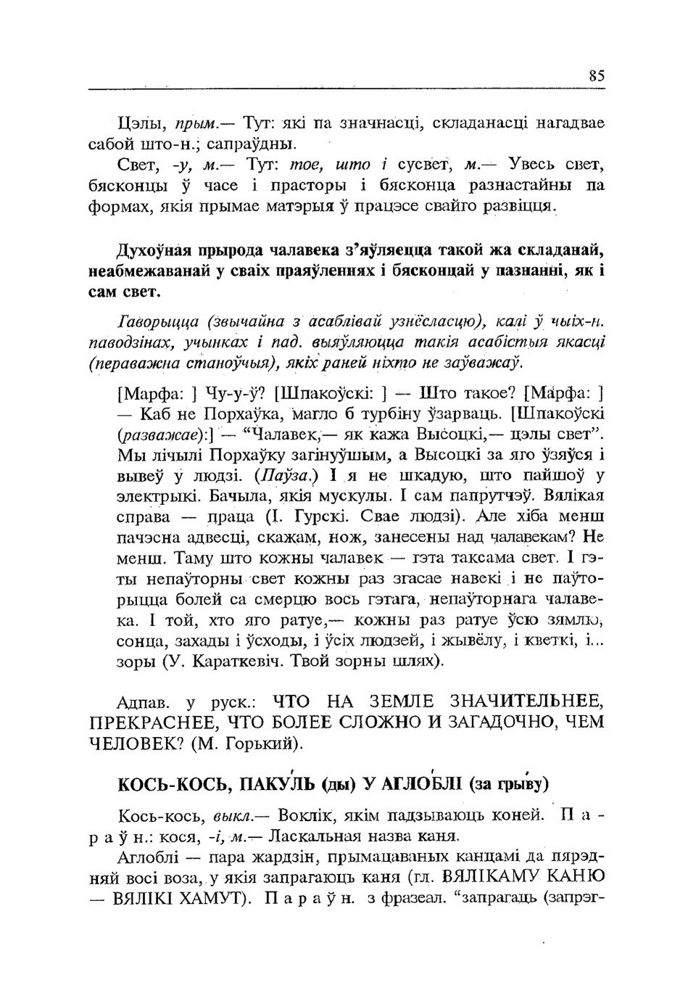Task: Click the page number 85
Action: point(597,75)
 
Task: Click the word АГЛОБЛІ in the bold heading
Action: point(421,785)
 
